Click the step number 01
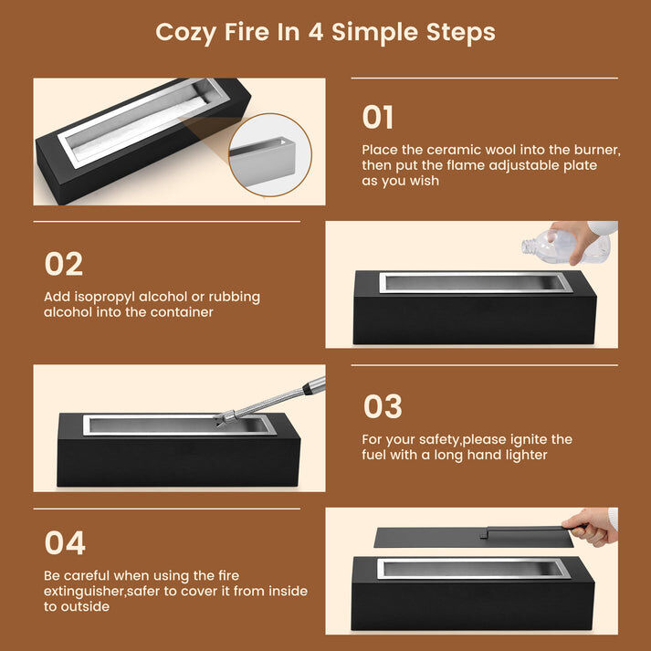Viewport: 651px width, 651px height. pyautogui.click(x=377, y=117)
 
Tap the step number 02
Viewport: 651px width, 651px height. pyautogui.click(x=64, y=264)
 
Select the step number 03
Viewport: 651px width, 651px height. pyautogui.click(x=383, y=406)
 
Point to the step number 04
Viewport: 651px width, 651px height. pyautogui.click(x=65, y=542)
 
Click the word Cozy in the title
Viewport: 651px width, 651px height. pyautogui.click(x=185, y=33)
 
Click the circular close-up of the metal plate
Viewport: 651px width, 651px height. pyautogui.click(x=270, y=155)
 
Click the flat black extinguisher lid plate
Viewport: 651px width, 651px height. pyautogui.click(x=473, y=538)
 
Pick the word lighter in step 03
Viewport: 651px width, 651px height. pyautogui.click(x=527, y=456)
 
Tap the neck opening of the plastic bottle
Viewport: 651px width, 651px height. pyautogui.click(x=526, y=247)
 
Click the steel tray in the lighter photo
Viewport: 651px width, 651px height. pyautogui.click(x=179, y=425)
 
